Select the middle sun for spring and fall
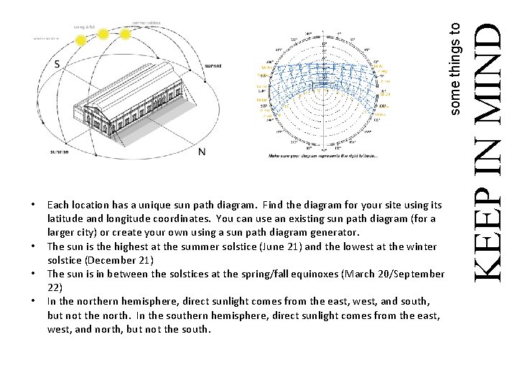coord(103,33)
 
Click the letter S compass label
coord(56,64)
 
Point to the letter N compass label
coord(202,151)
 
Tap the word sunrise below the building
coord(60,152)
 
